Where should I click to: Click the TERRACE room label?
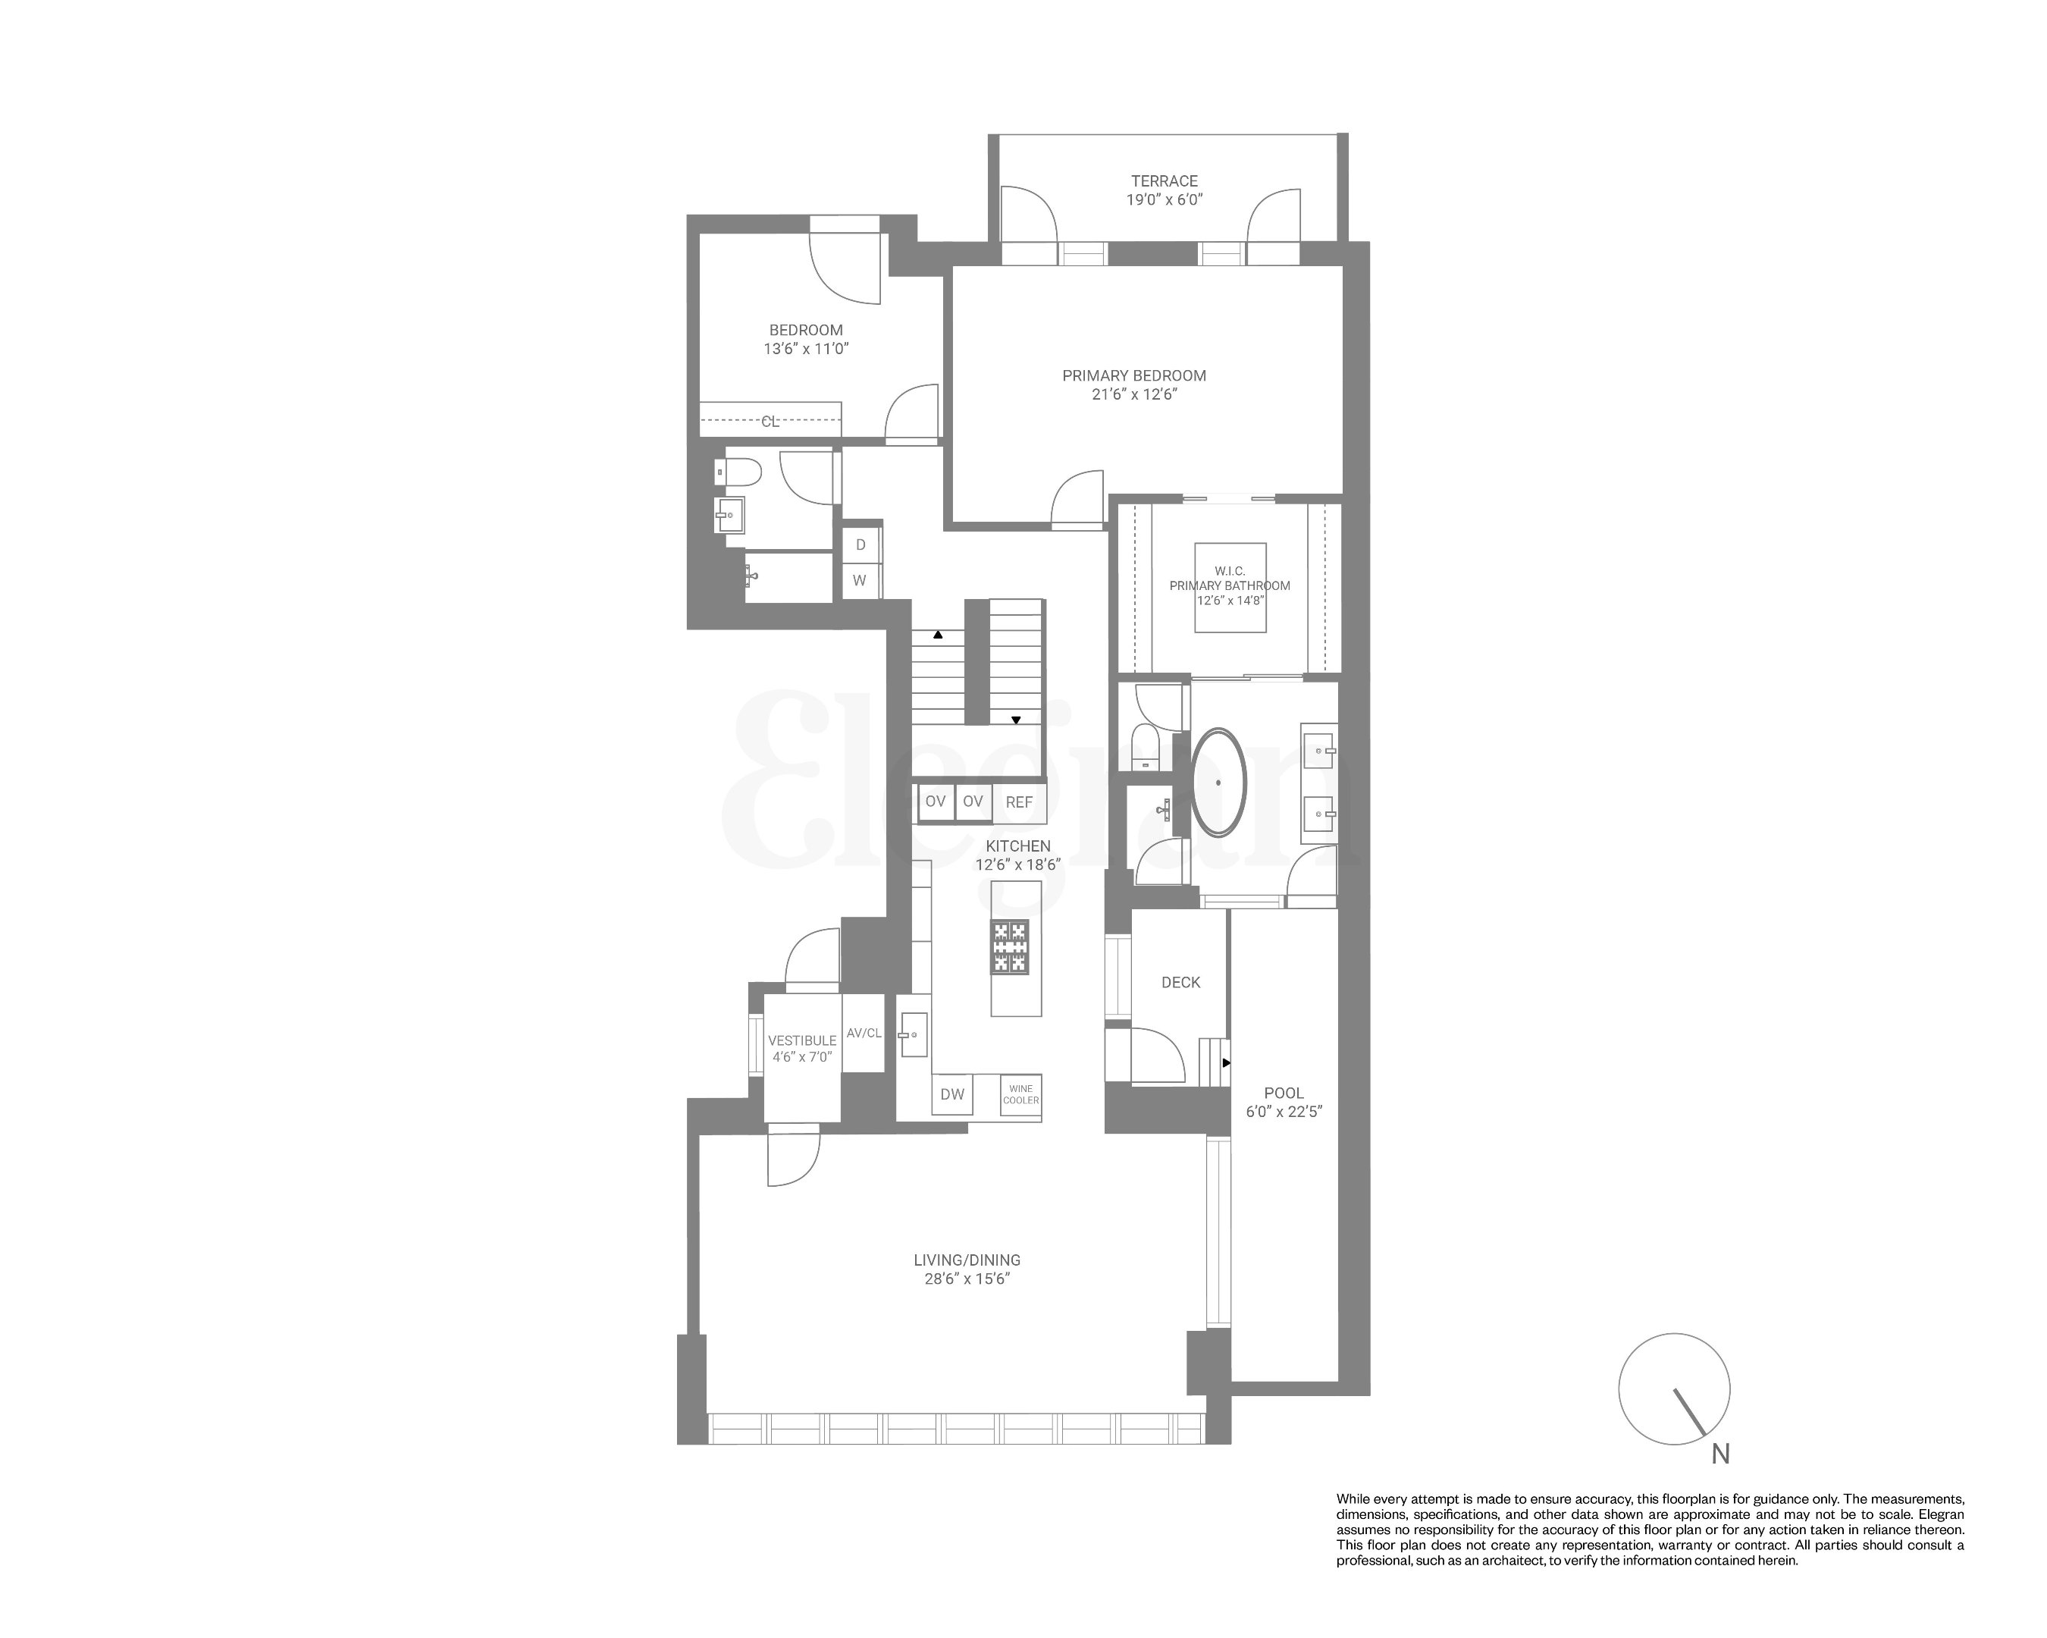click(x=1163, y=180)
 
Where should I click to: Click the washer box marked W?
click(x=859, y=580)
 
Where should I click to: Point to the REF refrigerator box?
click(x=1019, y=802)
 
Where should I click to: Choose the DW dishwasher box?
click(x=951, y=1094)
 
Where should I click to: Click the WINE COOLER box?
click(x=1020, y=1095)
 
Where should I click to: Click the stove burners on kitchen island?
click(x=1010, y=946)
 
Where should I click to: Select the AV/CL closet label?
click(x=864, y=1033)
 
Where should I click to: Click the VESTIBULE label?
click(x=802, y=1040)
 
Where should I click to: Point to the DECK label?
click(x=1180, y=983)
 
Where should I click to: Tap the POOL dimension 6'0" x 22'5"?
click(x=1284, y=1111)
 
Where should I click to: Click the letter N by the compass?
click(x=1720, y=1454)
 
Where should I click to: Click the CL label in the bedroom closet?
click(x=770, y=422)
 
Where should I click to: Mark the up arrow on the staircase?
click(x=937, y=634)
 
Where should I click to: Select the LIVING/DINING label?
click(x=967, y=1260)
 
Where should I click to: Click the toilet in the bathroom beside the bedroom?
click(x=740, y=472)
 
